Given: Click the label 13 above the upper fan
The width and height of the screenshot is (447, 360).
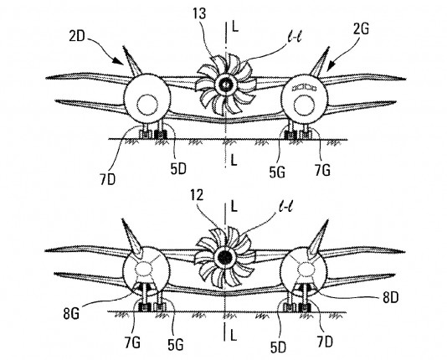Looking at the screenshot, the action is click(199, 13).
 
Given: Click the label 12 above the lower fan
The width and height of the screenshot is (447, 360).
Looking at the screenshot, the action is click(197, 195).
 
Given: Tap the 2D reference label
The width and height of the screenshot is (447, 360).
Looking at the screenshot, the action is click(77, 37).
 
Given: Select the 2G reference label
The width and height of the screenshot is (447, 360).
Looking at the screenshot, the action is click(361, 28).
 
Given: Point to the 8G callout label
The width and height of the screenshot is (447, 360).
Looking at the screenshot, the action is click(71, 314).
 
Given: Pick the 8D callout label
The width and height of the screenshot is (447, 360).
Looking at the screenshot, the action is click(390, 297).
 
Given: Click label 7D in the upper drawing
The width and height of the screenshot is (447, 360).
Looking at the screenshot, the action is click(107, 179).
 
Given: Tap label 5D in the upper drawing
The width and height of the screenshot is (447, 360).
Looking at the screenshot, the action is click(178, 169).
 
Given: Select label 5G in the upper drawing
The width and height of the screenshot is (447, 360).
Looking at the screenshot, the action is click(277, 172).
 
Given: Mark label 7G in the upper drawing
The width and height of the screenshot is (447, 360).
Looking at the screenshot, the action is click(322, 171).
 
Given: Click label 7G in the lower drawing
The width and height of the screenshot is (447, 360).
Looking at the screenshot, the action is click(132, 342).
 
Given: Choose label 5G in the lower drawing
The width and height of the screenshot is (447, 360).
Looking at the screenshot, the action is click(175, 345).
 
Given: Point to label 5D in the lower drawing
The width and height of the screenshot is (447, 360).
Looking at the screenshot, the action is click(278, 347).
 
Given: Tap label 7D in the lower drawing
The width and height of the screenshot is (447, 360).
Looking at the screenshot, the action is click(325, 342).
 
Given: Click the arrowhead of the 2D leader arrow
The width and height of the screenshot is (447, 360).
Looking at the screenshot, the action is click(117, 61).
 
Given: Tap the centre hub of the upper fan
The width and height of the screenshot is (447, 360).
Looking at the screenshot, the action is click(225, 84).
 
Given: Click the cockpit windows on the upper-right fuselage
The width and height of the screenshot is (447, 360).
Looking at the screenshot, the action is click(304, 88).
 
